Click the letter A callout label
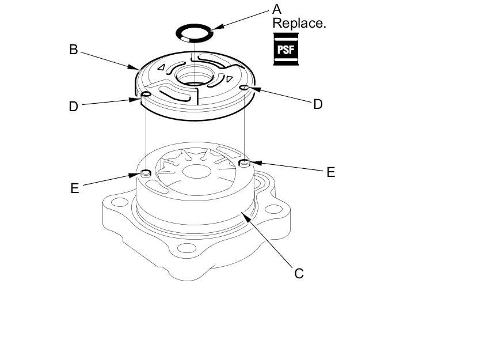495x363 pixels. pyautogui.click(x=276, y=9)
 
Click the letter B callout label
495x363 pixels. pyautogui.click(x=74, y=50)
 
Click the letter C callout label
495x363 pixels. pyautogui.click(x=299, y=273)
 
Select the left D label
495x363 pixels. pyautogui.click(x=73, y=107)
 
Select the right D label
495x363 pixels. pyautogui.click(x=318, y=104)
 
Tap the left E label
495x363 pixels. pyautogui.click(x=74, y=188)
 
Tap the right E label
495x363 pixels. pyautogui.click(x=330, y=172)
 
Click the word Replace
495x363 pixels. pyautogui.click(x=299, y=23)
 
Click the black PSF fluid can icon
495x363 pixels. pyautogui.click(x=285, y=49)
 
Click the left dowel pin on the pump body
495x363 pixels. pyautogui.click(x=146, y=173)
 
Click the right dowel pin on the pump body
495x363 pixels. pyautogui.click(x=245, y=163)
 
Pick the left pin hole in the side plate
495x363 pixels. pyautogui.click(x=146, y=94)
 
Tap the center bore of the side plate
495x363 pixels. pyautogui.click(x=196, y=76)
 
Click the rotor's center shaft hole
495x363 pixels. pyautogui.click(x=197, y=172)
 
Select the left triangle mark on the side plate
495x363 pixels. pyautogui.click(x=162, y=67)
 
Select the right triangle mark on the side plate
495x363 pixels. pyautogui.click(x=229, y=78)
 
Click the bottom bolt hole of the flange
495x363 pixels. pyautogui.click(x=186, y=248)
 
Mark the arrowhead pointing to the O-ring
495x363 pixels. pyautogui.click(x=218, y=27)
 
